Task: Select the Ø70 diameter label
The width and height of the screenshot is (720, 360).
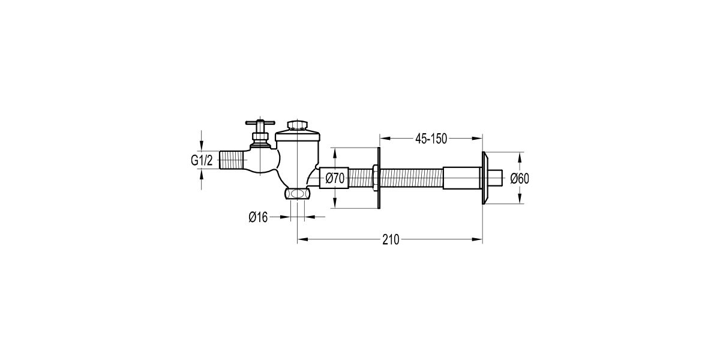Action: click(334, 178)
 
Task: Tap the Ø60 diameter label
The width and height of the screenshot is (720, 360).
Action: click(519, 178)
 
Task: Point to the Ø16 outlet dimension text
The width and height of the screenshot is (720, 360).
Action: click(258, 218)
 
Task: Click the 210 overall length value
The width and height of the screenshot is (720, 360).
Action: click(391, 240)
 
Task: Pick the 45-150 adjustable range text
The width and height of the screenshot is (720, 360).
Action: click(431, 139)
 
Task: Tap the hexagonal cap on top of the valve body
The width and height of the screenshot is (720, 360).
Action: click(297, 125)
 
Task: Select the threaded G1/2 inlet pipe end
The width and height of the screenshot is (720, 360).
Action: click(233, 161)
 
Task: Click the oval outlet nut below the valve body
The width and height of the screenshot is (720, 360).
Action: click(298, 194)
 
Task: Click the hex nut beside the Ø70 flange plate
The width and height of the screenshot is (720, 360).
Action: click(374, 178)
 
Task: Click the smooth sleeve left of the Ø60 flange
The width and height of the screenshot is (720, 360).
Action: click(462, 178)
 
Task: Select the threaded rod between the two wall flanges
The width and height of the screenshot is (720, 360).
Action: click(411, 178)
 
